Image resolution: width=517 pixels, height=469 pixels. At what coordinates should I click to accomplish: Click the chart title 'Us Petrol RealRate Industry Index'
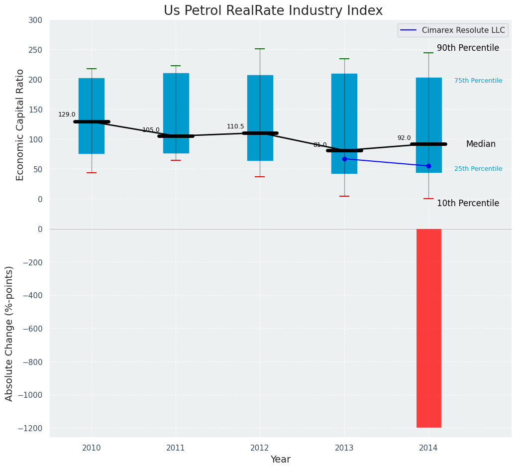[x=273, y=11]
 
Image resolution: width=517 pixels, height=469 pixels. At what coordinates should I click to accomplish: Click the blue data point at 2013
[x=344, y=159]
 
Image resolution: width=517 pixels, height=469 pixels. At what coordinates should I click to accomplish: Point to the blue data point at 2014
[x=428, y=166]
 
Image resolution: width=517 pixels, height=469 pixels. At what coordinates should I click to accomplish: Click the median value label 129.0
[x=67, y=115]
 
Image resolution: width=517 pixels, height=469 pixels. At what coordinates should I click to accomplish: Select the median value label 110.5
[x=235, y=126]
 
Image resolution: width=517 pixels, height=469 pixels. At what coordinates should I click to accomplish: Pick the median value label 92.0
[x=404, y=138]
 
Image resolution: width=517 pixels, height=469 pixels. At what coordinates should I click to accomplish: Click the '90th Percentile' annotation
[x=468, y=48]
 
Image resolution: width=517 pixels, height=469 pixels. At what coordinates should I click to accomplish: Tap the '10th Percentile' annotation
[x=468, y=203]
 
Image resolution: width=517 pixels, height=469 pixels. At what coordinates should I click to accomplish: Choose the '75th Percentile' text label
[x=478, y=81]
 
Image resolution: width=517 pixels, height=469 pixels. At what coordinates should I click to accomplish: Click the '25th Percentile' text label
[x=478, y=169]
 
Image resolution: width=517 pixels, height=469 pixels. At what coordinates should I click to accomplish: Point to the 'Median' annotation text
[x=481, y=144]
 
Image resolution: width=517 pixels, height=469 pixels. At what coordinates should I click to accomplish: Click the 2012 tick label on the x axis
[x=260, y=448]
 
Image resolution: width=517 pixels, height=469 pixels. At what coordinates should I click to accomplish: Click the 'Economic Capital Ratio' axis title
[x=20, y=124]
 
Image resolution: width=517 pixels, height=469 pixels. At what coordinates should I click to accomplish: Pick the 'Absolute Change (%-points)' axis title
[x=9, y=333]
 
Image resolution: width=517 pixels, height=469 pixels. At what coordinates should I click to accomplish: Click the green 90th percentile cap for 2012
[x=260, y=49]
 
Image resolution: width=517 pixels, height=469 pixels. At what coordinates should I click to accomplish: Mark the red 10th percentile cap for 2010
[x=92, y=173]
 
